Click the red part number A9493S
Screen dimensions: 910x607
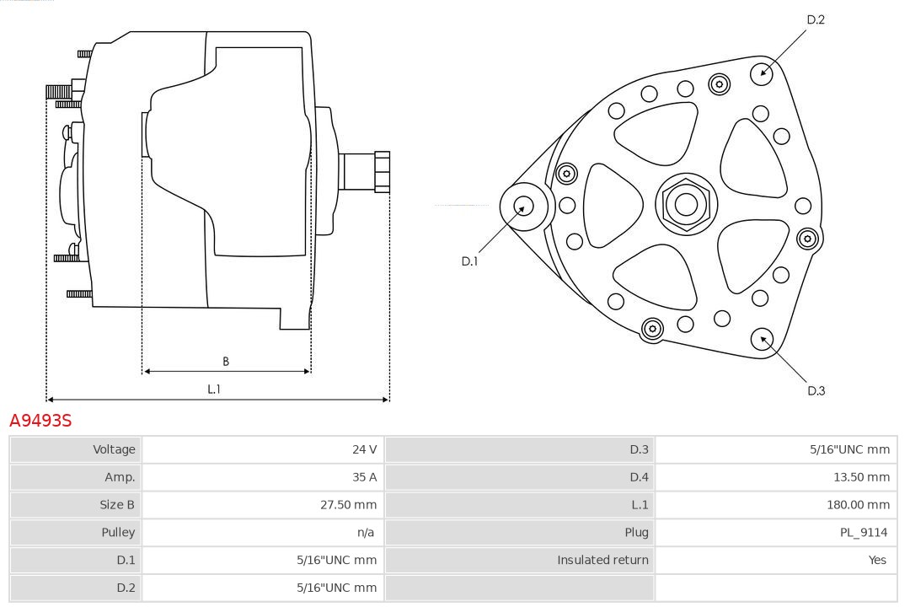click(x=40, y=420)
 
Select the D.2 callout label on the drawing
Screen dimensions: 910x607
click(x=816, y=19)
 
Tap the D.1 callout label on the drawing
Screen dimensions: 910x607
click(x=469, y=261)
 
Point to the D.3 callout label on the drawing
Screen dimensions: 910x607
click(x=816, y=391)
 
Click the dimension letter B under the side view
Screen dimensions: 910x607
click(x=226, y=362)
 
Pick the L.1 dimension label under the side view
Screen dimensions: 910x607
click(x=214, y=389)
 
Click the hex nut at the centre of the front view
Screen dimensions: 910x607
click(x=687, y=205)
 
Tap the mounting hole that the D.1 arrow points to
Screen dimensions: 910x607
click(x=524, y=207)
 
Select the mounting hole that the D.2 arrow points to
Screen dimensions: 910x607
click(x=762, y=74)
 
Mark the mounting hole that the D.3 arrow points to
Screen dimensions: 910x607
click(x=762, y=339)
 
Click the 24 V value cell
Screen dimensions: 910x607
click(x=263, y=449)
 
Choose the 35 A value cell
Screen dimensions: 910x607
click(x=263, y=477)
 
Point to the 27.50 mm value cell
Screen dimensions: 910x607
click(x=263, y=505)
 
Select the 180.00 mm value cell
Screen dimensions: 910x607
click(x=776, y=505)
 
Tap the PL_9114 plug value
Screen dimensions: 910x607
click(x=864, y=533)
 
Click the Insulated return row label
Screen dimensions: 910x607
click(x=603, y=560)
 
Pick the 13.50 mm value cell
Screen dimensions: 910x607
click(x=776, y=477)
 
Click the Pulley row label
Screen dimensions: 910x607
click(x=119, y=533)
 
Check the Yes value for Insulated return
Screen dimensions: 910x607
click(x=877, y=560)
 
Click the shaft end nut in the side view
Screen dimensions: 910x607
click(x=383, y=172)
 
